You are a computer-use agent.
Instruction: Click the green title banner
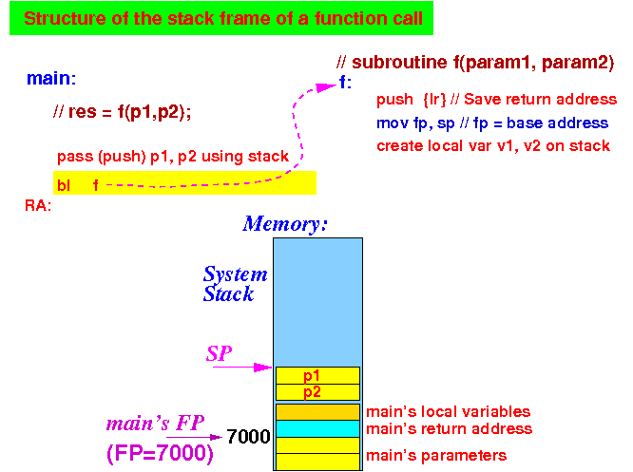(221, 18)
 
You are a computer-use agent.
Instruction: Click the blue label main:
(51, 78)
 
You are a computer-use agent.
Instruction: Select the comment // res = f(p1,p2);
(122, 112)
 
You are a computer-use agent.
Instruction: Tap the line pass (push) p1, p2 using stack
(173, 157)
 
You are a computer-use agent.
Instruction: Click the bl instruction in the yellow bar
(64, 185)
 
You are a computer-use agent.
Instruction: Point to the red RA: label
(38, 206)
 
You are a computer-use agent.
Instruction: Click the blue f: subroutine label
(346, 83)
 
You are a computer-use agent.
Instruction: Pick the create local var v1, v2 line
(493, 145)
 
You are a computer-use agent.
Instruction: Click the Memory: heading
(284, 224)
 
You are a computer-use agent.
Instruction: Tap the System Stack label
(235, 284)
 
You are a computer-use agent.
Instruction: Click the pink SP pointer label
(220, 354)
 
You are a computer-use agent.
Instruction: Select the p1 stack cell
(317, 375)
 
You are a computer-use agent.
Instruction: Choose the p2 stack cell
(317, 392)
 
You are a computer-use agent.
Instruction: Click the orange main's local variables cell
(317, 412)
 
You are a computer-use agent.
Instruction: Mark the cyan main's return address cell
(317, 429)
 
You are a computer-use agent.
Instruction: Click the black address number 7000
(248, 437)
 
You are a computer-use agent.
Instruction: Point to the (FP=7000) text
(160, 453)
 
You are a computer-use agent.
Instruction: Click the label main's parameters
(436, 456)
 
